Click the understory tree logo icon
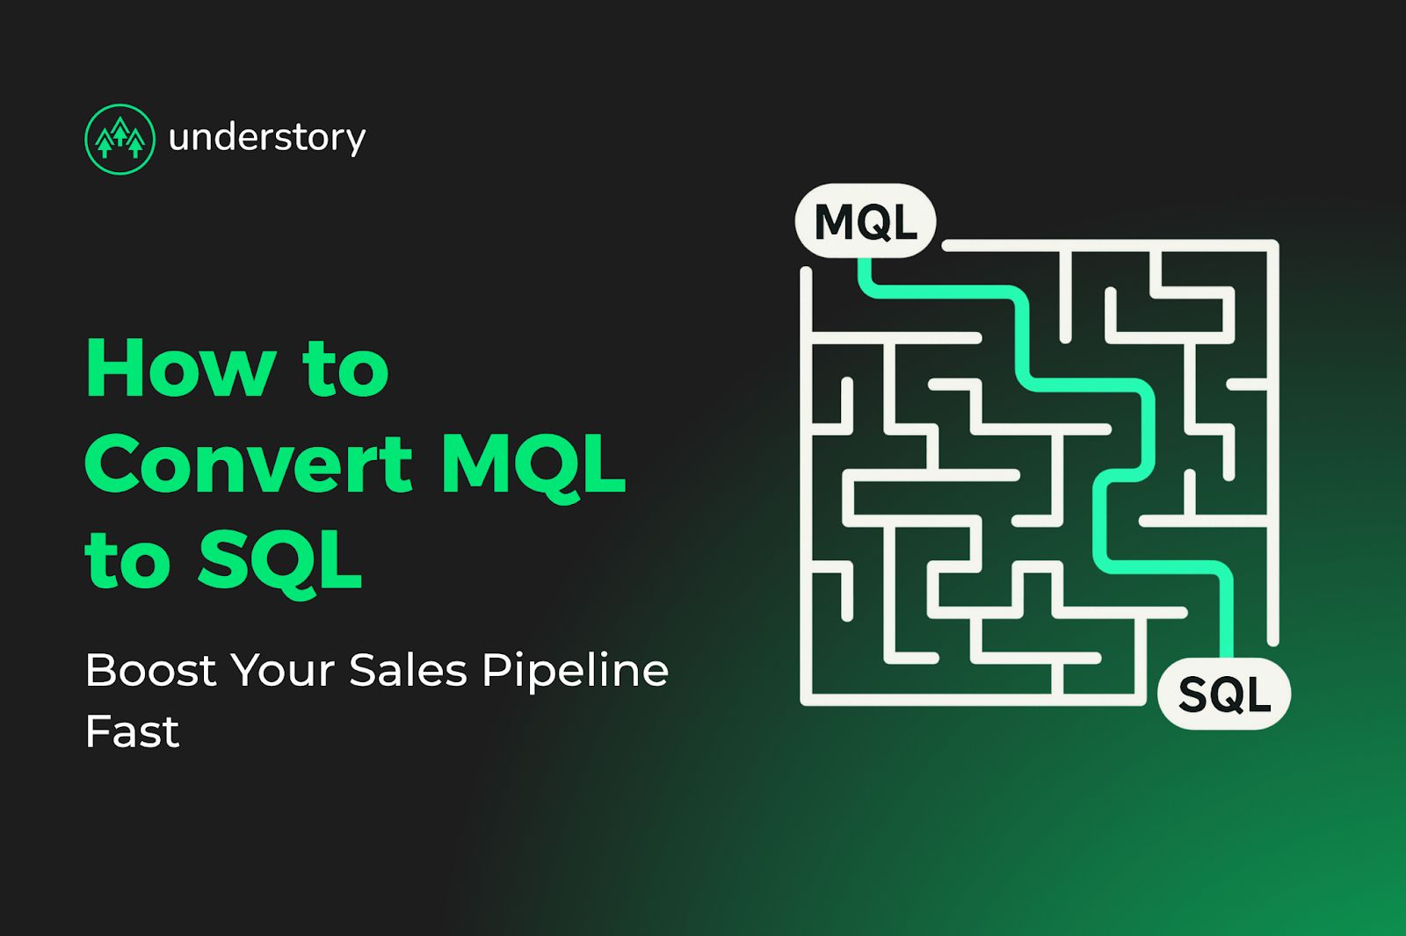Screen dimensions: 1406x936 120,139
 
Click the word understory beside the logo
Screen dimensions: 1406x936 266,138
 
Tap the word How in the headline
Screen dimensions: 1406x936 180,370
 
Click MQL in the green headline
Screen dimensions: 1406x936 533,465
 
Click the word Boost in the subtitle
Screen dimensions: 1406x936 150,671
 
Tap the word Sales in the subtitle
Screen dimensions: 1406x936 408,671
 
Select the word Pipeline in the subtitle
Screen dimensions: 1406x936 576,671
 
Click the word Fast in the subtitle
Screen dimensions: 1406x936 132,731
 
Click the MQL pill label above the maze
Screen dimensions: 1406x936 866,221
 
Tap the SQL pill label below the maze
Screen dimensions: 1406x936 1224,694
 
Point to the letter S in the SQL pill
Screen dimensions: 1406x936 1192,695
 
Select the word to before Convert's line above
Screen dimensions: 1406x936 345,370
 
